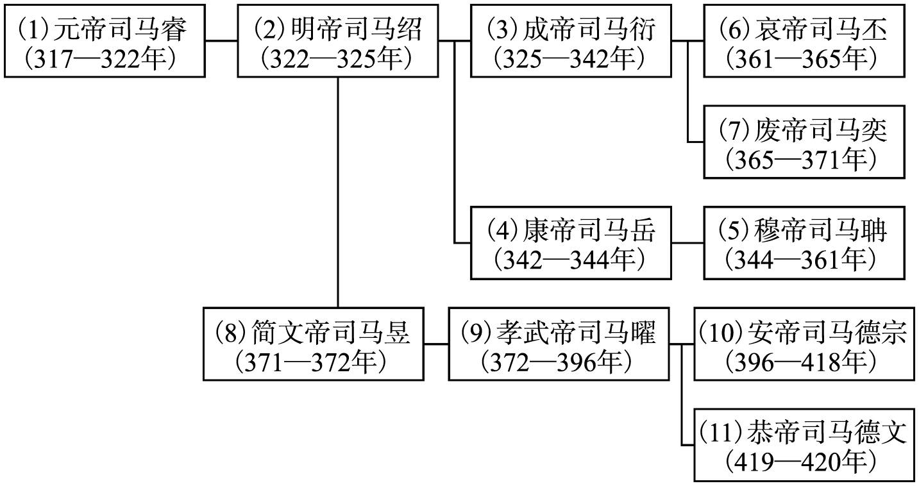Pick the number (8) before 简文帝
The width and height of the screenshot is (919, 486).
tap(231, 331)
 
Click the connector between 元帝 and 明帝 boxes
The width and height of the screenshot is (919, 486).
tap(221, 40)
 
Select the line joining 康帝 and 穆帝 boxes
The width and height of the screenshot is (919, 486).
tap(687, 243)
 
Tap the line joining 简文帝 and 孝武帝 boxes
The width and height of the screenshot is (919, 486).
tap(436, 344)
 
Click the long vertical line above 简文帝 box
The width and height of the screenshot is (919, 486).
tap(337, 192)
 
